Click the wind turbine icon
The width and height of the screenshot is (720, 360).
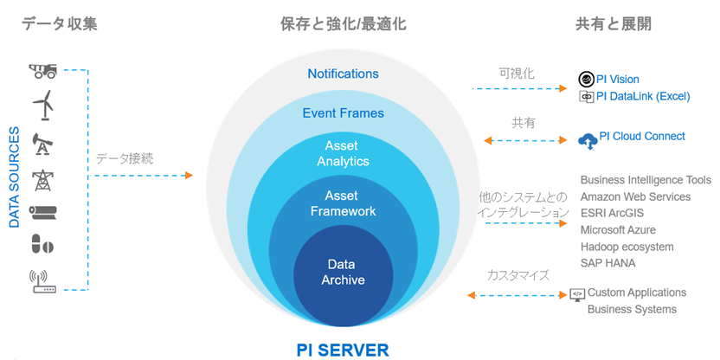(x=43, y=106)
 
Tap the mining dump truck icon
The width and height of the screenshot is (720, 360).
(x=42, y=71)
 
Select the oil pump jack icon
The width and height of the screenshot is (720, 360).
(x=42, y=145)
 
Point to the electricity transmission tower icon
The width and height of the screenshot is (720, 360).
(x=42, y=180)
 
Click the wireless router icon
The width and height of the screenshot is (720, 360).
(x=42, y=281)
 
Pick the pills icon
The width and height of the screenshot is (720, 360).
(x=42, y=243)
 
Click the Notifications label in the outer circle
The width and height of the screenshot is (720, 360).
(x=343, y=74)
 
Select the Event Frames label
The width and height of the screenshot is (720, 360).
(x=343, y=113)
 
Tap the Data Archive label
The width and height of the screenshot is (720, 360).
(x=343, y=272)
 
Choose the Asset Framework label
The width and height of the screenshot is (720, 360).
(x=343, y=203)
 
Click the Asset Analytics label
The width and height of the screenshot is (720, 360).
(x=343, y=154)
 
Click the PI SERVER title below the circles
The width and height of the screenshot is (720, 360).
(x=343, y=350)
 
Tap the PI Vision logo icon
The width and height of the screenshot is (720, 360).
(x=587, y=80)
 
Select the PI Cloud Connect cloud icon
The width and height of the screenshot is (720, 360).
(x=588, y=140)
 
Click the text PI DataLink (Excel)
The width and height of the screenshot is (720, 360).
(x=643, y=96)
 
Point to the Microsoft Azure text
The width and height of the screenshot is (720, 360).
(x=618, y=229)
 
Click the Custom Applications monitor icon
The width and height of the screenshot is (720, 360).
(x=577, y=294)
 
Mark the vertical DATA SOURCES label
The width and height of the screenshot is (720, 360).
(x=15, y=177)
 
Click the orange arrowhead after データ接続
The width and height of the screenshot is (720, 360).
(x=189, y=175)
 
